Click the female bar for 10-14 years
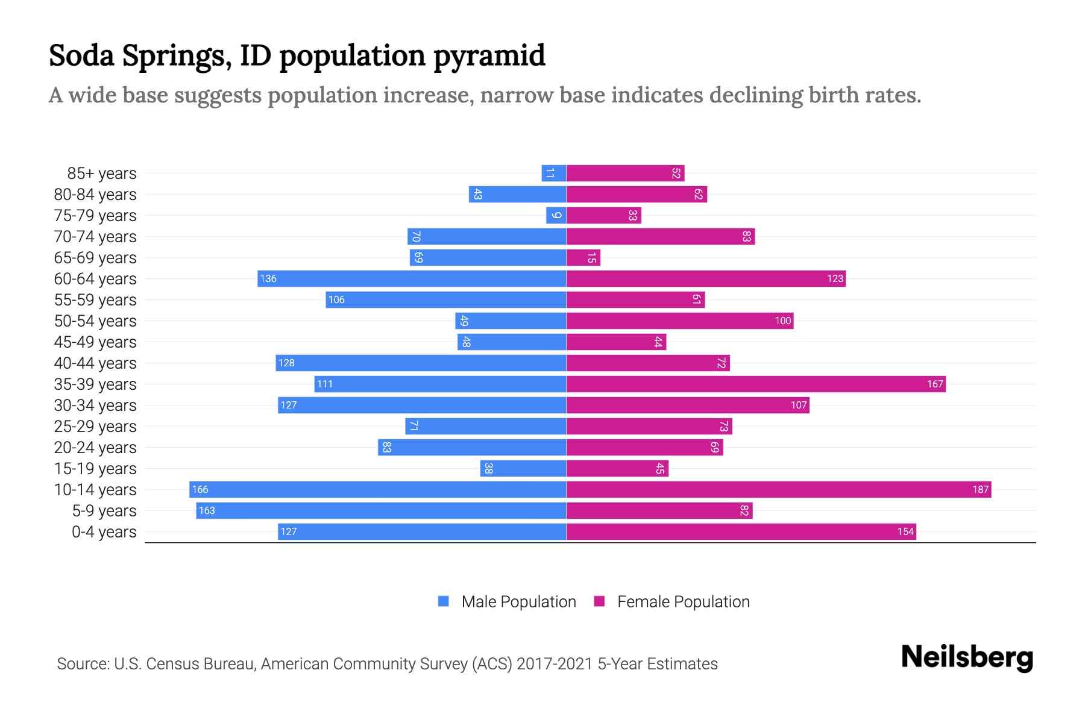(x=779, y=489)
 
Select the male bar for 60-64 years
(x=412, y=278)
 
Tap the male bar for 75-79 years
(x=556, y=215)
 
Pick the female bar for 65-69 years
(x=583, y=257)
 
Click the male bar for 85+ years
(x=553, y=173)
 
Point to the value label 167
(x=934, y=384)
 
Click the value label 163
(x=207, y=510)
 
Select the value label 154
(x=905, y=531)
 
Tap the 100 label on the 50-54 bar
(x=782, y=321)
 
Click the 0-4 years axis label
(x=104, y=531)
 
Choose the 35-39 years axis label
(x=95, y=384)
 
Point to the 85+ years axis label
(x=101, y=173)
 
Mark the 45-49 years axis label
(x=95, y=342)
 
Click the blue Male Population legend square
(x=444, y=601)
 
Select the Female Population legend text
(x=683, y=601)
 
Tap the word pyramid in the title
(x=489, y=55)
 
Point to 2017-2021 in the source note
(x=555, y=663)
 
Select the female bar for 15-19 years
(x=617, y=468)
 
